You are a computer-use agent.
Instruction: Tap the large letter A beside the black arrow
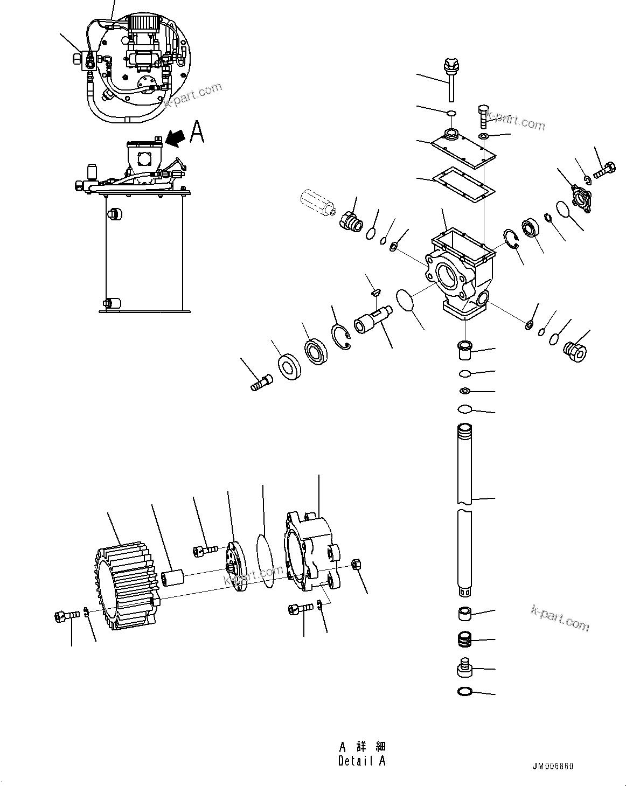(198, 132)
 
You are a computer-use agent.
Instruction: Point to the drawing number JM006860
(554, 767)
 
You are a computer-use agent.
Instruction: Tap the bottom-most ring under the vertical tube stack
(464, 691)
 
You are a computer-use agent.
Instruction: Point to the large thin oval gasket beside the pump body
(265, 561)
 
